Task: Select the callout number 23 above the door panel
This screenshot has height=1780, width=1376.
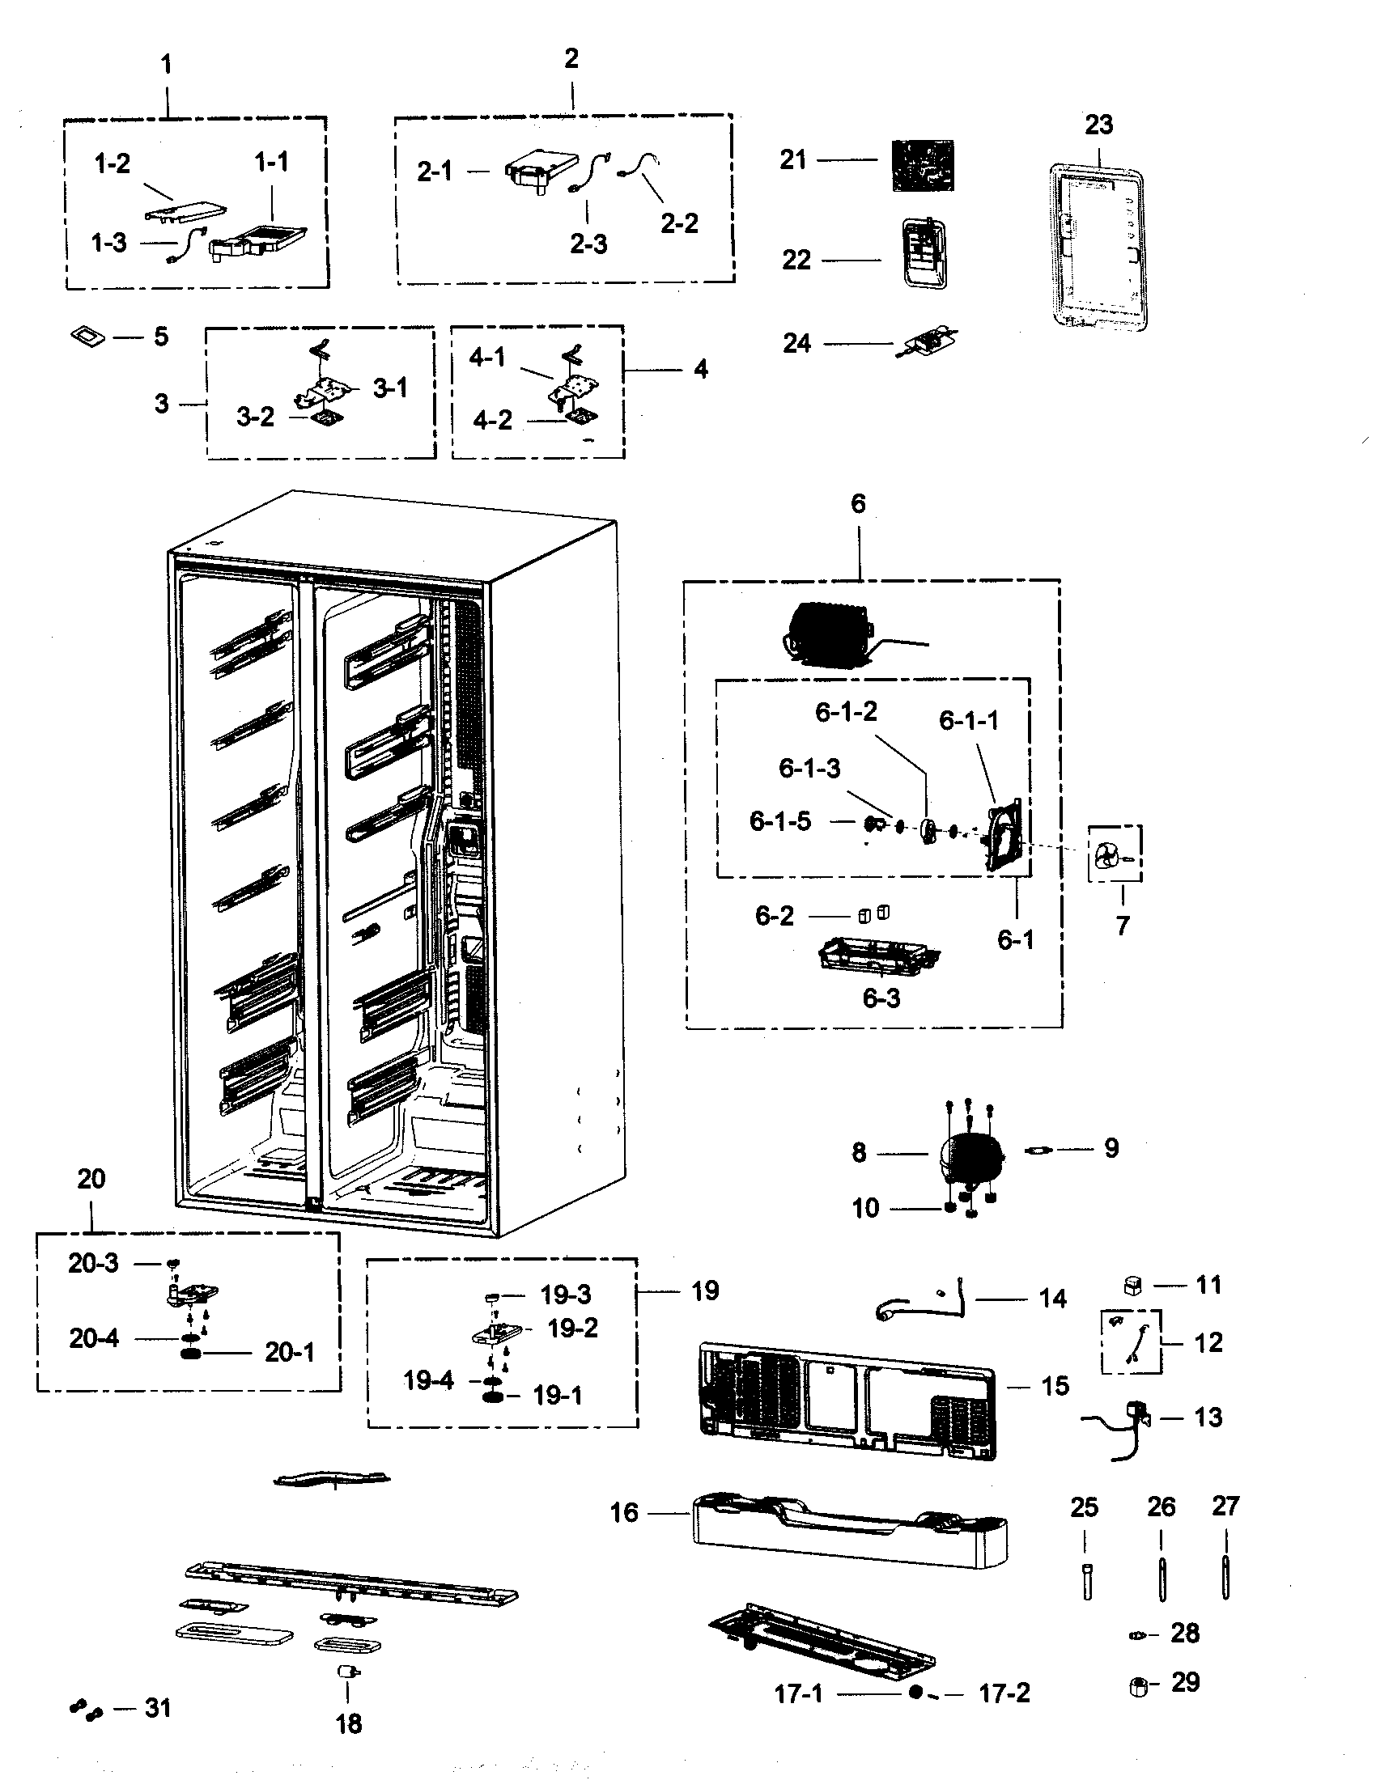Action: pos(1098,125)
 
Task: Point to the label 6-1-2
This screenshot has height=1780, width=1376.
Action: pos(846,711)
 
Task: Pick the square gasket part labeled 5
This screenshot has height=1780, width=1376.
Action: pos(88,336)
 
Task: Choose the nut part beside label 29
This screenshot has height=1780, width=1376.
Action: pos(1140,1687)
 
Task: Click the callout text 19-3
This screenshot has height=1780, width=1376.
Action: pos(566,1295)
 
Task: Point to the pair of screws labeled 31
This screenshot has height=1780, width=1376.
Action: pos(85,1710)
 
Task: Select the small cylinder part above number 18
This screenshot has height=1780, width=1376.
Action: pos(348,1672)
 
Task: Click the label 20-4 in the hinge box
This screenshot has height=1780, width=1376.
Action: pos(94,1338)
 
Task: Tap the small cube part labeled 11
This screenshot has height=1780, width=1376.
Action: pos(1132,1286)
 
